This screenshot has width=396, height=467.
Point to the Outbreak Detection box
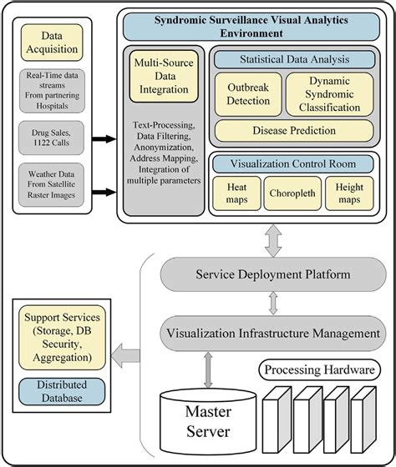click(x=249, y=94)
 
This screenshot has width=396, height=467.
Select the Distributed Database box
click(x=63, y=391)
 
